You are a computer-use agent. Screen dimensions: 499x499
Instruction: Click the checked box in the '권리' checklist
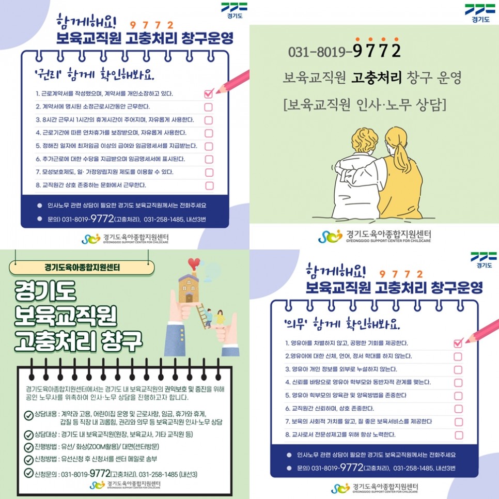[209, 93]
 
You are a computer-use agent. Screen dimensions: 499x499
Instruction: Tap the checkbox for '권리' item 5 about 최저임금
[209, 146]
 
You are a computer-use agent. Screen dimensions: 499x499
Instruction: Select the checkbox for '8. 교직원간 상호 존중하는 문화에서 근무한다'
[209, 185]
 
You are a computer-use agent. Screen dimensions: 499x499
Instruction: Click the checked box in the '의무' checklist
[458, 343]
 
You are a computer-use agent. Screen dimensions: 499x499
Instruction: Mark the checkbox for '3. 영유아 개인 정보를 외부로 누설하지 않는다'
[458, 370]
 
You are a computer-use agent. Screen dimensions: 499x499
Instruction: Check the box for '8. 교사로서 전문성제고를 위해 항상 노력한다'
[459, 435]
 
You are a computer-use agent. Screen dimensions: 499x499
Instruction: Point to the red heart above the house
[194, 264]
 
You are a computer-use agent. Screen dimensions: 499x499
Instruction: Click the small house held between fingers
[189, 288]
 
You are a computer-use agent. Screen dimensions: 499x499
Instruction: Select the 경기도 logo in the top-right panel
[480, 13]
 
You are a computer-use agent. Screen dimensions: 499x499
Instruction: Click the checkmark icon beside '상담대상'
[28, 435]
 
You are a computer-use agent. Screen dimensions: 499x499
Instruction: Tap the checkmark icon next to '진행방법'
[28, 447]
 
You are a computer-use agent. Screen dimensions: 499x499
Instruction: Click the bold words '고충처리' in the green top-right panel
[376, 77]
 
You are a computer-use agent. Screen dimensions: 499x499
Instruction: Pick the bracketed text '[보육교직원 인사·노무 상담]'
[365, 104]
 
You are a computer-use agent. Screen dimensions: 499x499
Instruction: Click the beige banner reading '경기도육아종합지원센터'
[82, 268]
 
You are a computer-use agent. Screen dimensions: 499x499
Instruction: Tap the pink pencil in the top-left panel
[232, 82]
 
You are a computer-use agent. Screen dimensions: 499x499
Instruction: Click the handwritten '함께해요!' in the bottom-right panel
[335, 271]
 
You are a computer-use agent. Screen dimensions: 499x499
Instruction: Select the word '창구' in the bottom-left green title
[121, 341]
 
